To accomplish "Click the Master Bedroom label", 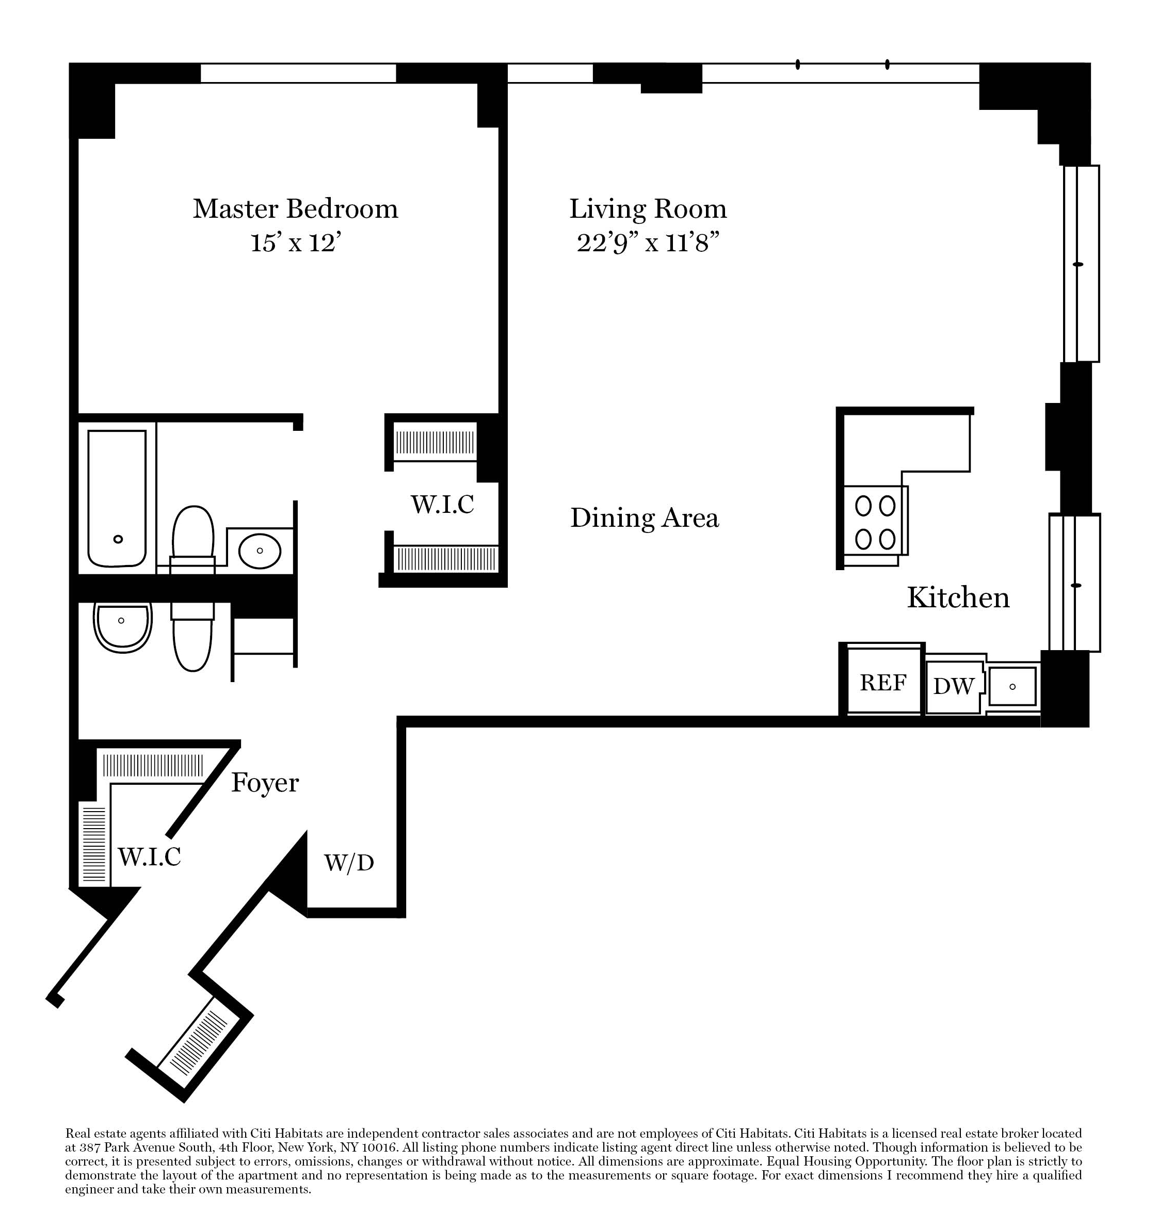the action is pos(295,209).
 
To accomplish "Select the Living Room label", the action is pos(648,209).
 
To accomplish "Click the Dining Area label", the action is pos(645,518).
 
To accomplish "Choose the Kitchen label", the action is pos(958,597).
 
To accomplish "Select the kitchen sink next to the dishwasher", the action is pos(1012,686).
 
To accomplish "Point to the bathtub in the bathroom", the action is pos(117,498).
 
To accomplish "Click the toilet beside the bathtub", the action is pos(193,539).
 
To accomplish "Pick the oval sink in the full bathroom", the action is pos(260,551).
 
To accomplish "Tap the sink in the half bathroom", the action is pos(122,626).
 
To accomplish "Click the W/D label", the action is pos(349,862).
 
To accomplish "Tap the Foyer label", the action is pos(265,783).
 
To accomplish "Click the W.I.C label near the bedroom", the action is pos(442,504).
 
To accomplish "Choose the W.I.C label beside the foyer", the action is pos(150,856).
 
